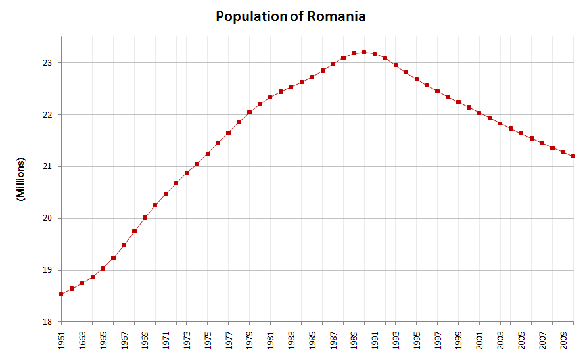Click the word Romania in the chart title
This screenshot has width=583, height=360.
(x=336, y=16)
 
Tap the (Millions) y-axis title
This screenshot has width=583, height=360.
(x=20, y=179)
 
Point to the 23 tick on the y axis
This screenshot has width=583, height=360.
(x=48, y=63)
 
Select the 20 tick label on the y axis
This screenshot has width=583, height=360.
(x=48, y=218)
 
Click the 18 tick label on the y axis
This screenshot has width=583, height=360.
(x=48, y=322)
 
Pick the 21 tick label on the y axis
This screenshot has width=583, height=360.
(x=48, y=166)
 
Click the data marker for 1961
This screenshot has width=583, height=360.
(x=61, y=294)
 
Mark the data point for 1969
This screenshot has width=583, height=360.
(x=145, y=217)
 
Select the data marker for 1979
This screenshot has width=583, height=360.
(x=249, y=112)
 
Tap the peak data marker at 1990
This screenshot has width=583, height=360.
(x=364, y=52)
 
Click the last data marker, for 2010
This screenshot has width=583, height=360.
(x=573, y=156)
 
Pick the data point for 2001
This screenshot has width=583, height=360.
(x=479, y=113)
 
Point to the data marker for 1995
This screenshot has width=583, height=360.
(x=417, y=79)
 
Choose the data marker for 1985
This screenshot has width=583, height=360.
(x=312, y=77)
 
